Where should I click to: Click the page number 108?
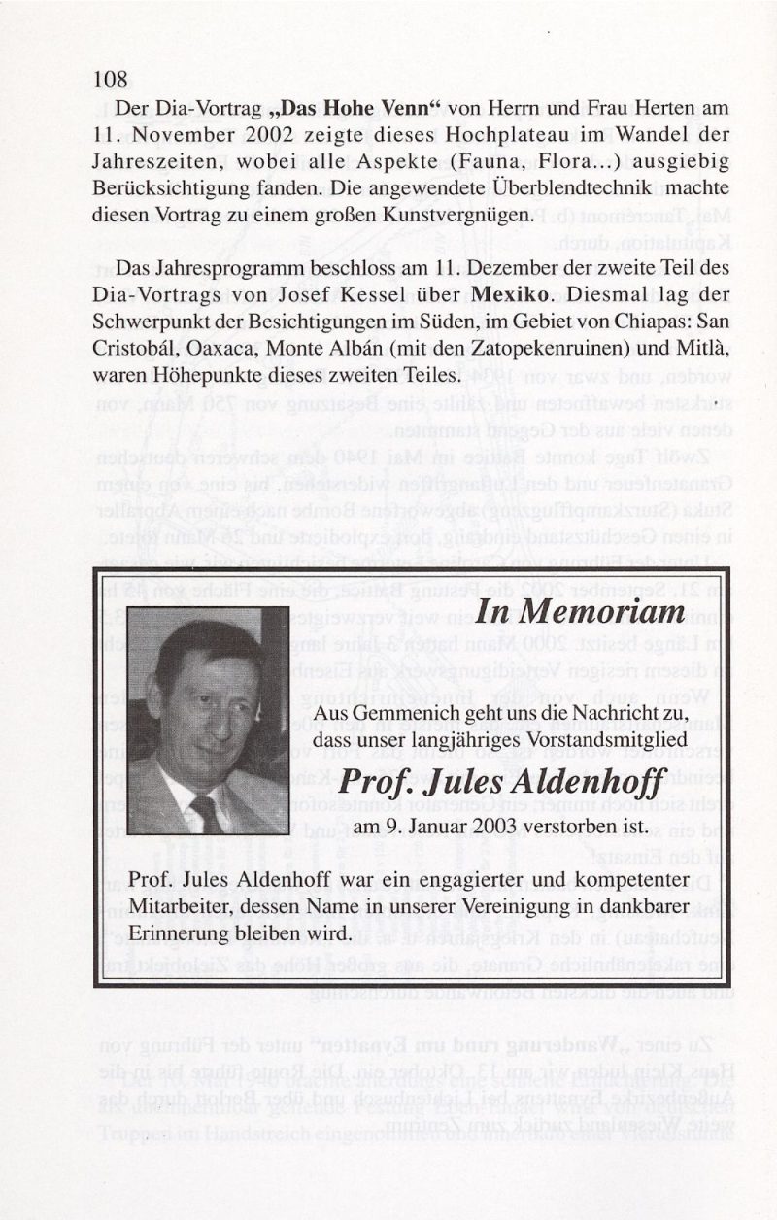tap(112, 81)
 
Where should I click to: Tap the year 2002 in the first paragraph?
tap(238, 133)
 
